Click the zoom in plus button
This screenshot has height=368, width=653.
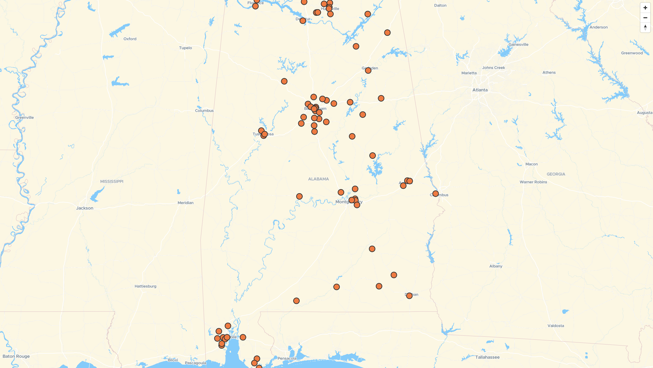(x=645, y=8)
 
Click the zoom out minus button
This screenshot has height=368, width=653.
(x=645, y=18)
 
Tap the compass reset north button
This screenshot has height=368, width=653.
(x=645, y=28)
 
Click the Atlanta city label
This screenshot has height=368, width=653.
(x=480, y=90)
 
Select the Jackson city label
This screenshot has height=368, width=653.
(x=85, y=208)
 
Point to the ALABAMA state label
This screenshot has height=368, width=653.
(x=318, y=179)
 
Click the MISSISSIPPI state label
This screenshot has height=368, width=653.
(x=112, y=182)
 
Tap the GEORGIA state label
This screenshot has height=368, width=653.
(x=556, y=174)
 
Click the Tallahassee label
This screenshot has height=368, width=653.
(x=487, y=357)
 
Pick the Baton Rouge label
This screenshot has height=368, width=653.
(x=16, y=356)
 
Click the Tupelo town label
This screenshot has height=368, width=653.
(x=185, y=48)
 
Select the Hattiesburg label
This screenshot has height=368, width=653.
(x=145, y=286)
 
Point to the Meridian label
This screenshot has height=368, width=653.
(x=185, y=203)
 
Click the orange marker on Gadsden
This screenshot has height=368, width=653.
(x=368, y=71)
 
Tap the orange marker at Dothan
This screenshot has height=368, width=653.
(x=409, y=296)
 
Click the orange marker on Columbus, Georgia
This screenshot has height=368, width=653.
(x=435, y=194)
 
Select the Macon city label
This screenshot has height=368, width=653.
(x=531, y=164)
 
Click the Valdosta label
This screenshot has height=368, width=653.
(x=555, y=326)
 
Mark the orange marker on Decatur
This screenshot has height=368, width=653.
(x=303, y=21)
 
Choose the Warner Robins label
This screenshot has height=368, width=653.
(x=533, y=182)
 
